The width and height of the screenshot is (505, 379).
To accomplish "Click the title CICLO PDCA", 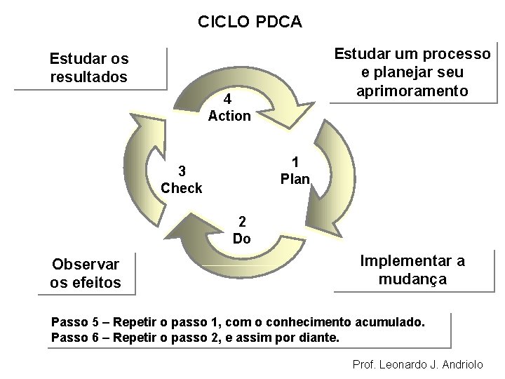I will coord(250,22).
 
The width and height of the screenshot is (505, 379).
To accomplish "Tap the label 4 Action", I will coord(229,107).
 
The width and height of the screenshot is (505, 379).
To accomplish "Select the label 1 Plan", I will coord(295,171).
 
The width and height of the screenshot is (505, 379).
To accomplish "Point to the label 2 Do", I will coord(241,230).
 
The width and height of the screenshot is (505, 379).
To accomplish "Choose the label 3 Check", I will coord(181,180).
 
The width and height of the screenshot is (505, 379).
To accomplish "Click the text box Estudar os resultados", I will coord(89,67).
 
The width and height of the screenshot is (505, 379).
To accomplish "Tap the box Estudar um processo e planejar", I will coord(412,72).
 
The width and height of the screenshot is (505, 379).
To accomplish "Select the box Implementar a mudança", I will coord(412,270).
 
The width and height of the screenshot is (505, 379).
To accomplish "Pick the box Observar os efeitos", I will coord(86,274).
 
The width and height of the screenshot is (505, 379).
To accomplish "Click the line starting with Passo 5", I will coord(238,322).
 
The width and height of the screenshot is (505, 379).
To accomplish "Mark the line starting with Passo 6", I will coord(195,338).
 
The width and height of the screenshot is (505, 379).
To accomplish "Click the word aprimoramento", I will coord(412,91).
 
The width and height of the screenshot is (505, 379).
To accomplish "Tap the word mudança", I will coord(412,279).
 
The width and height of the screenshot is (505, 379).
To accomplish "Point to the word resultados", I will coord(89,77).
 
